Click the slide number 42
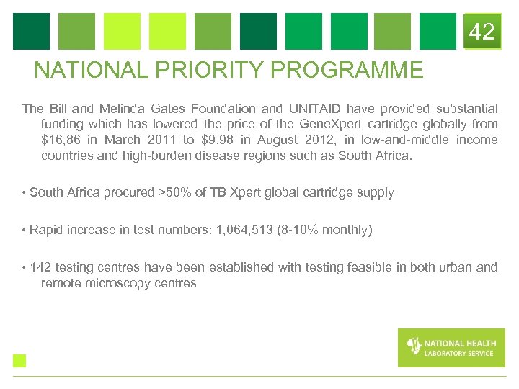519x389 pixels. point(482,32)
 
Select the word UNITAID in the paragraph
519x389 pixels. point(316,109)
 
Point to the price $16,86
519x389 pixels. point(62,140)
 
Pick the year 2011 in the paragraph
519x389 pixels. point(161,140)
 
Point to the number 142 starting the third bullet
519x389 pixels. point(40,267)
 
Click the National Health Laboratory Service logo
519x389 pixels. point(451,347)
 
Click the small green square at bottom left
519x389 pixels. point(19,361)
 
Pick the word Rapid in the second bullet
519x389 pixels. point(46,230)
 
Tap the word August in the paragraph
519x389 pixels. point(275,140)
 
